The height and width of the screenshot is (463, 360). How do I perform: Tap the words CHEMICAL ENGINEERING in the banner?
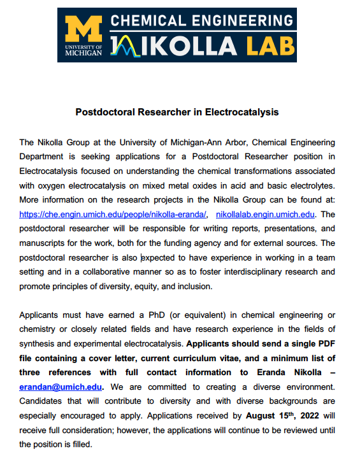click(x=203, y=20)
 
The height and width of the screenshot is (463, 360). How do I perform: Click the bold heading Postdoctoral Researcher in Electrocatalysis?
click(x=177, y=112)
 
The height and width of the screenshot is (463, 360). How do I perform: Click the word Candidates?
click(x=43, y=401)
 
